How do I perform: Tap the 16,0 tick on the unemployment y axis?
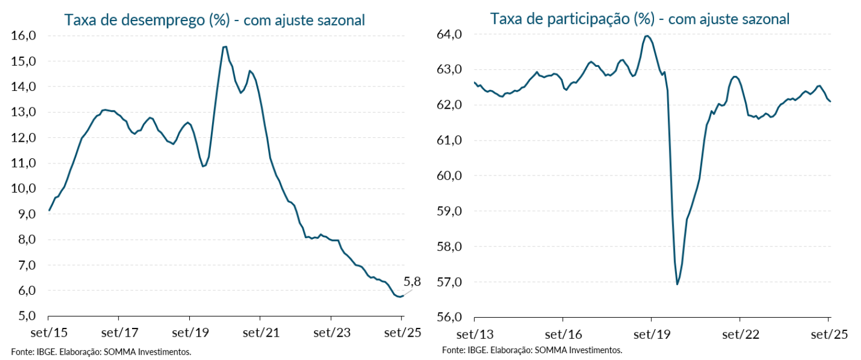pos(24,35)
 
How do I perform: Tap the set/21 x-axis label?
pos(260,332)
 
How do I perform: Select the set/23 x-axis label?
pos(331,332)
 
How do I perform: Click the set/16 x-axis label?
pos(563,333)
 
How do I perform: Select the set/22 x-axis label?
pos(740,333)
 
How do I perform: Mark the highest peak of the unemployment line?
pos(225,46)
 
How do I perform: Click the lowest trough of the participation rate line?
pos(677,284)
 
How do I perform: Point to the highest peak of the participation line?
pos(647,36)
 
